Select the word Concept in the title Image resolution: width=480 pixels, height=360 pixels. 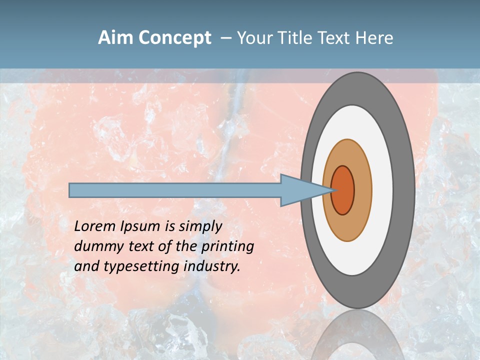coord(174,38)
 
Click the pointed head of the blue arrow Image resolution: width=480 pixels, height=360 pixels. coord(300,190)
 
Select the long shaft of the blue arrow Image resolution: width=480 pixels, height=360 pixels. coord(175,190)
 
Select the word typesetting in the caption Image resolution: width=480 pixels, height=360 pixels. coord(142,266)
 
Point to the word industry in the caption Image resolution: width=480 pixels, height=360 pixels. coord(211,266)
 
